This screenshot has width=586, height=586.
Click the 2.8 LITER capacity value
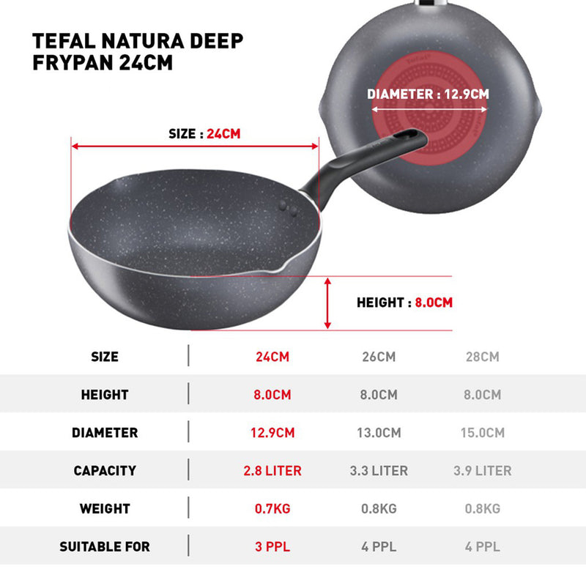coord(272,471)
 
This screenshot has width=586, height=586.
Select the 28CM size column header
coord(482,357)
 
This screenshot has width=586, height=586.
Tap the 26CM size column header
coord(379,357)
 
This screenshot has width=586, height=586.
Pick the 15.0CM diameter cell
coord(482,433)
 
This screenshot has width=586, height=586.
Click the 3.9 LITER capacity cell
coord(482,471)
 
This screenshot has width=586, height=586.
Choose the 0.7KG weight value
coord(272,508)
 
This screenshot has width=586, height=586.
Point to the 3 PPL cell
coord(272,546)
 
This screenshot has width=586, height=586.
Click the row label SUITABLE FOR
coord(104,546)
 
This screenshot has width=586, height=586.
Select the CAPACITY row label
coord(104,471)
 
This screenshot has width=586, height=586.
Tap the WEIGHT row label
coord(104,508)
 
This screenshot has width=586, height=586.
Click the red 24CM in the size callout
coord(223,134)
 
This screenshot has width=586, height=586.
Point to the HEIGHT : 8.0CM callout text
coord(404,303)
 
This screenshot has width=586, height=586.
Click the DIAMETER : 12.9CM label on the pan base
coord(428,94)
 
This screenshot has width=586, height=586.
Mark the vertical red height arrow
coord(327,302)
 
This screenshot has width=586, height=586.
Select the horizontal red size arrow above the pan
coord(196,146)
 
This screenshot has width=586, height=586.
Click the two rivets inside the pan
coord(290,209)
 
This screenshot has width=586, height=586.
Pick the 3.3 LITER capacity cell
coord(379,471)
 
